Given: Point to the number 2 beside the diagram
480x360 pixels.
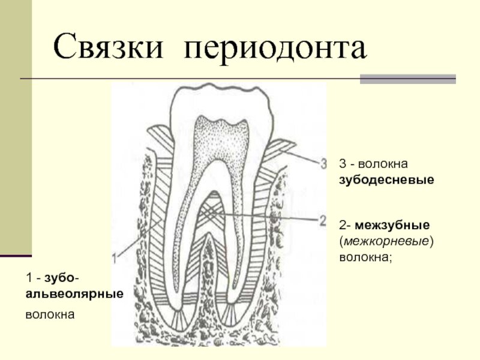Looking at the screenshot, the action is click(x=323, y=220).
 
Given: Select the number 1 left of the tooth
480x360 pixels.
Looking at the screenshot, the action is click(x=114, y=259).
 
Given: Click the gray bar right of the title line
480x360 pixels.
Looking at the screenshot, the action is click(x=407, y=79).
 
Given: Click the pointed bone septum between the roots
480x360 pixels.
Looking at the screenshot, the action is click(x=207, y=252).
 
